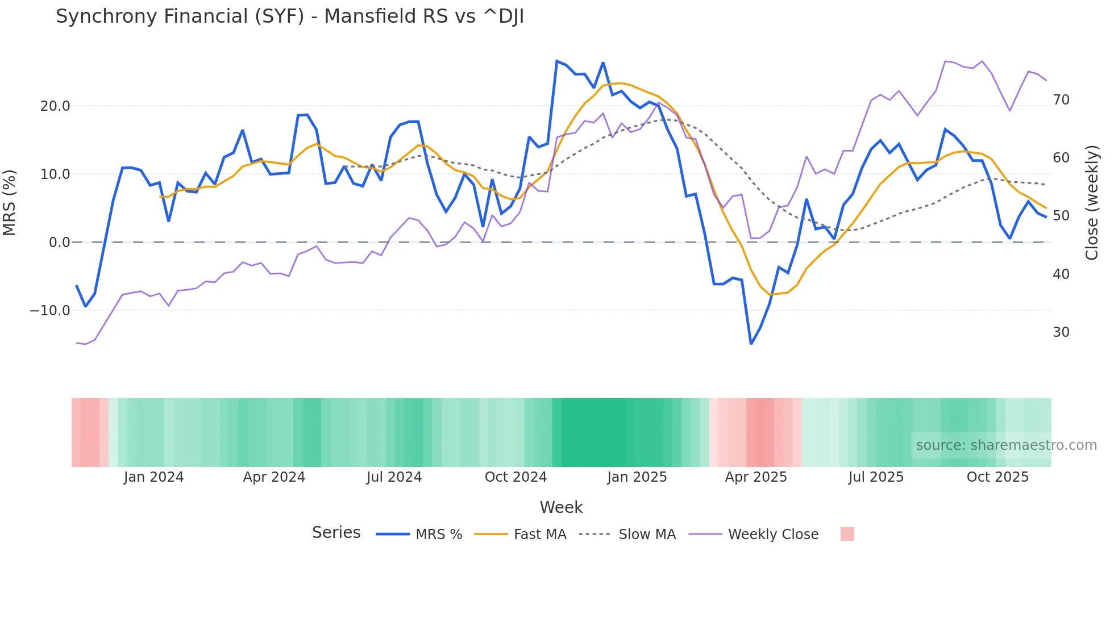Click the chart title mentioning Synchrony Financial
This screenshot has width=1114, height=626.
coord(289,16)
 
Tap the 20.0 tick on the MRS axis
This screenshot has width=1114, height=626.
coord(55,106)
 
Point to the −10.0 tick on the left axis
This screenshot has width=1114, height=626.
coord(50,311)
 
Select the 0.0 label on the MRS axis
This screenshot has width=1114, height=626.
coord(59,243)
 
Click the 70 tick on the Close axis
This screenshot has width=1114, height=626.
coord(1061,100)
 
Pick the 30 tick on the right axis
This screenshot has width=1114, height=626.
coord(1061,332)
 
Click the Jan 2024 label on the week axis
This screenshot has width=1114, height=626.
coord(153,477)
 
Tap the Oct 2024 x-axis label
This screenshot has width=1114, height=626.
coord(516,477)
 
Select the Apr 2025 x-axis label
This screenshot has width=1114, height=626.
coord(755,477)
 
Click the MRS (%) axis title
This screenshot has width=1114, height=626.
coord(10,202)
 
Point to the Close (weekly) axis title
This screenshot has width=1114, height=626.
coord(1092,202)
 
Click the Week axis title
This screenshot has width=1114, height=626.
coord(561,507)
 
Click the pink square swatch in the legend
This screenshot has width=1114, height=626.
coord(847,534)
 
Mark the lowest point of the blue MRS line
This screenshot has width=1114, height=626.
coord(751,344)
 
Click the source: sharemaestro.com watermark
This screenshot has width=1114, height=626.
coord(1006,445)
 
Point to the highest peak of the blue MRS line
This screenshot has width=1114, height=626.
coord(557,61)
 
